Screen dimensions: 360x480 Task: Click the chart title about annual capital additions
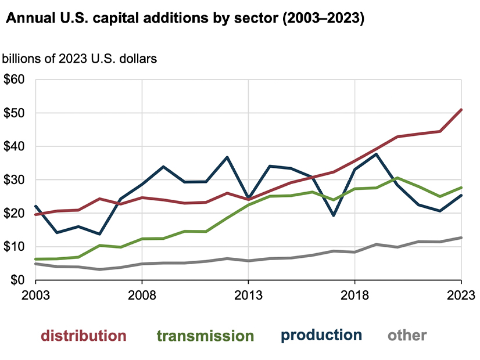pyautogui.click(x=185, y=19)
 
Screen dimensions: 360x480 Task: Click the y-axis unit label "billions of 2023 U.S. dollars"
pyautogui.click(x=81, y=59)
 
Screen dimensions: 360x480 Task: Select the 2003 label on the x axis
pyautogui.click(x=35, y=294)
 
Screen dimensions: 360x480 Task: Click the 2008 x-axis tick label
pyautogui.click(x=142, y=294)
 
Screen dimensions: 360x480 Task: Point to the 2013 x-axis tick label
pyautogui.click(x=249, y=294)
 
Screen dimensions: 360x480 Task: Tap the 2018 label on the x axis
pyautogui.click(x=355, y=294)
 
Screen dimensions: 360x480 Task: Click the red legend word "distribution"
pyautogui.click(x=83, y=336)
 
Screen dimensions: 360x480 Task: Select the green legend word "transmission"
pyautogui.click(x=206, y=336)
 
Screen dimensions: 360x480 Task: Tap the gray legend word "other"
pyautogui.click(x=407, y=335)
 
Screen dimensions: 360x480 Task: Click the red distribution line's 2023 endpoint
pyautogui.click(x=461, y=109)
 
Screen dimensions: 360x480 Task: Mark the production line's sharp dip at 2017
pyautogui.click(x=334, y=215)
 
